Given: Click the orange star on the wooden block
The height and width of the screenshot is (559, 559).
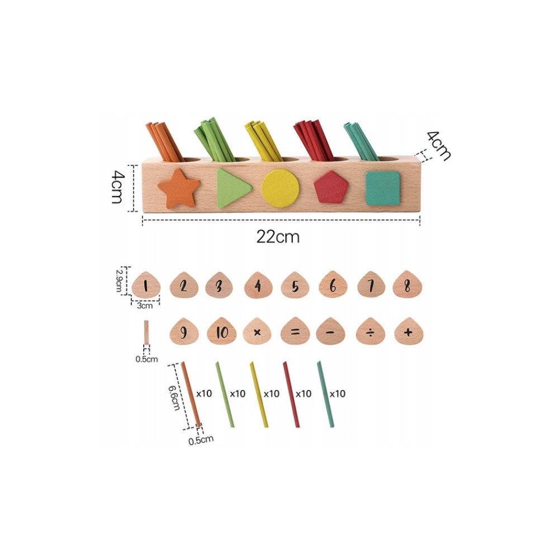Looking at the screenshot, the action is (179, 189).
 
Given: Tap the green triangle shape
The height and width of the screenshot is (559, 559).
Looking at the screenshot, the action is (233, 188).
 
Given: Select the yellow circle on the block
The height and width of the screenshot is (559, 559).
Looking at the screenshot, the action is (280, 188).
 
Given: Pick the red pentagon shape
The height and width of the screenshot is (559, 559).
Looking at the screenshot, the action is (331, 187).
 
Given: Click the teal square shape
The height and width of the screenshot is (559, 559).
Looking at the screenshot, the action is (383, 188).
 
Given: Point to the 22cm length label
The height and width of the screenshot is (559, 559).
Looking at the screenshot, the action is (278, 236).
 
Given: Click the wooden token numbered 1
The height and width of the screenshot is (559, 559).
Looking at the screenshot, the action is (146, 285).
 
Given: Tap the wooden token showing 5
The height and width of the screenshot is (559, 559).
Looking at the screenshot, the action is (295, 285).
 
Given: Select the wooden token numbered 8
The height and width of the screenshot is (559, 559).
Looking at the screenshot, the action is (407, 285).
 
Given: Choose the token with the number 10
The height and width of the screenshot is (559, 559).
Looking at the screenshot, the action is (222, 331).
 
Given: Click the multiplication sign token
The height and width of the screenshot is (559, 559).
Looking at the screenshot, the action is (257, 331).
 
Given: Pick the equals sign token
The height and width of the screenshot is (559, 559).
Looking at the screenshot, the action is (295, 331).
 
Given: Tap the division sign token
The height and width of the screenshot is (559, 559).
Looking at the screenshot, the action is (371, 331).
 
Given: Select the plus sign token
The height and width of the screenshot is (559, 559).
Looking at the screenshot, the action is (409, 331).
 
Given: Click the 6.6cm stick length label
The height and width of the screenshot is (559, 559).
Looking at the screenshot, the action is (174, 398).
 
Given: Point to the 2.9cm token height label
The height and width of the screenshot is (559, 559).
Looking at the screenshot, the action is (120, 280).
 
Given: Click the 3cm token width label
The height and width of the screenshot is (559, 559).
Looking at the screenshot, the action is (145, 306).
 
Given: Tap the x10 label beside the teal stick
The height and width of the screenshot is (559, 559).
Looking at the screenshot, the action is (337, 394).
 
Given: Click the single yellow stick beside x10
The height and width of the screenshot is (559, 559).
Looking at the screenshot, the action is (259, 394).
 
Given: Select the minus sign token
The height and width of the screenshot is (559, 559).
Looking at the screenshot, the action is (330, 331).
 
